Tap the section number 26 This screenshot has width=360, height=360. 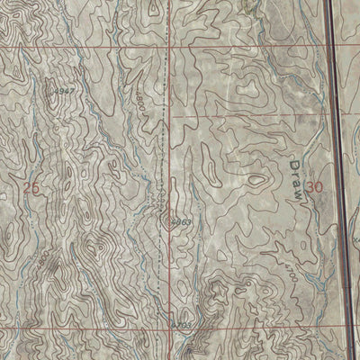[x=31, y=188]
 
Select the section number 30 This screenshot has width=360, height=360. [x=314, y=187]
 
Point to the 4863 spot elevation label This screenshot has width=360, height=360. [x=179, y=218]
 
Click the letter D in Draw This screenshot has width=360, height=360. [x=298, y=166]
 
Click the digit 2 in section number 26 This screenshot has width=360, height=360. [x=27, y=188]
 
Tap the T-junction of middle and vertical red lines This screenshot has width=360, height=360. [x=170, y=117]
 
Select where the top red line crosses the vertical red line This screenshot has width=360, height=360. [x=170, y=46]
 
